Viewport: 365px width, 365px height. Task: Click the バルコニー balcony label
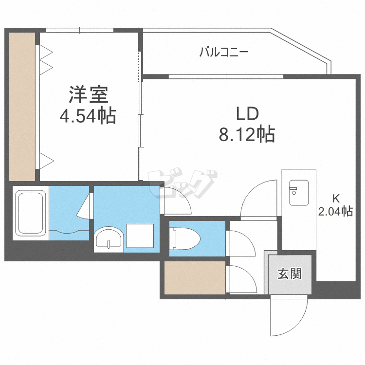tap(224, 52)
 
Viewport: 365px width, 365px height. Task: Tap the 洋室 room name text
tap(89, 95)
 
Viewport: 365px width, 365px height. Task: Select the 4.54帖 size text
tap(88, 116)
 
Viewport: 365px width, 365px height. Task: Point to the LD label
tap(247, 114)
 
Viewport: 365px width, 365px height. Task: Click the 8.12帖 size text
tap(247, 134)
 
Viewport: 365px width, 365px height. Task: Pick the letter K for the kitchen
tap(336, 199)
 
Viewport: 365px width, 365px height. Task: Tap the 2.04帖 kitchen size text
tap(335, 211)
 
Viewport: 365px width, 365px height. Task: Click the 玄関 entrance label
tap(290, 274)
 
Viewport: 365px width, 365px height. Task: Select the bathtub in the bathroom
tap(31, 213)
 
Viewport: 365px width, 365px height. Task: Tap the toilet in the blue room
tap(185, 239)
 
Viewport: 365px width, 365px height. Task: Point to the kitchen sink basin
tap(299, 193)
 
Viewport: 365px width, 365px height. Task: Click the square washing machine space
tap(140, 236)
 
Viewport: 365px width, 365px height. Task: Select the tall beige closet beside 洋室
tap(22, 107)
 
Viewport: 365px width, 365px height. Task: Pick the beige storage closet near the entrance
tap(195, 278)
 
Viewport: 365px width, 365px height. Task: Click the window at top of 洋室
tap(80, 30)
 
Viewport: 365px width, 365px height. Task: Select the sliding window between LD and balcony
tap(226, 76)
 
